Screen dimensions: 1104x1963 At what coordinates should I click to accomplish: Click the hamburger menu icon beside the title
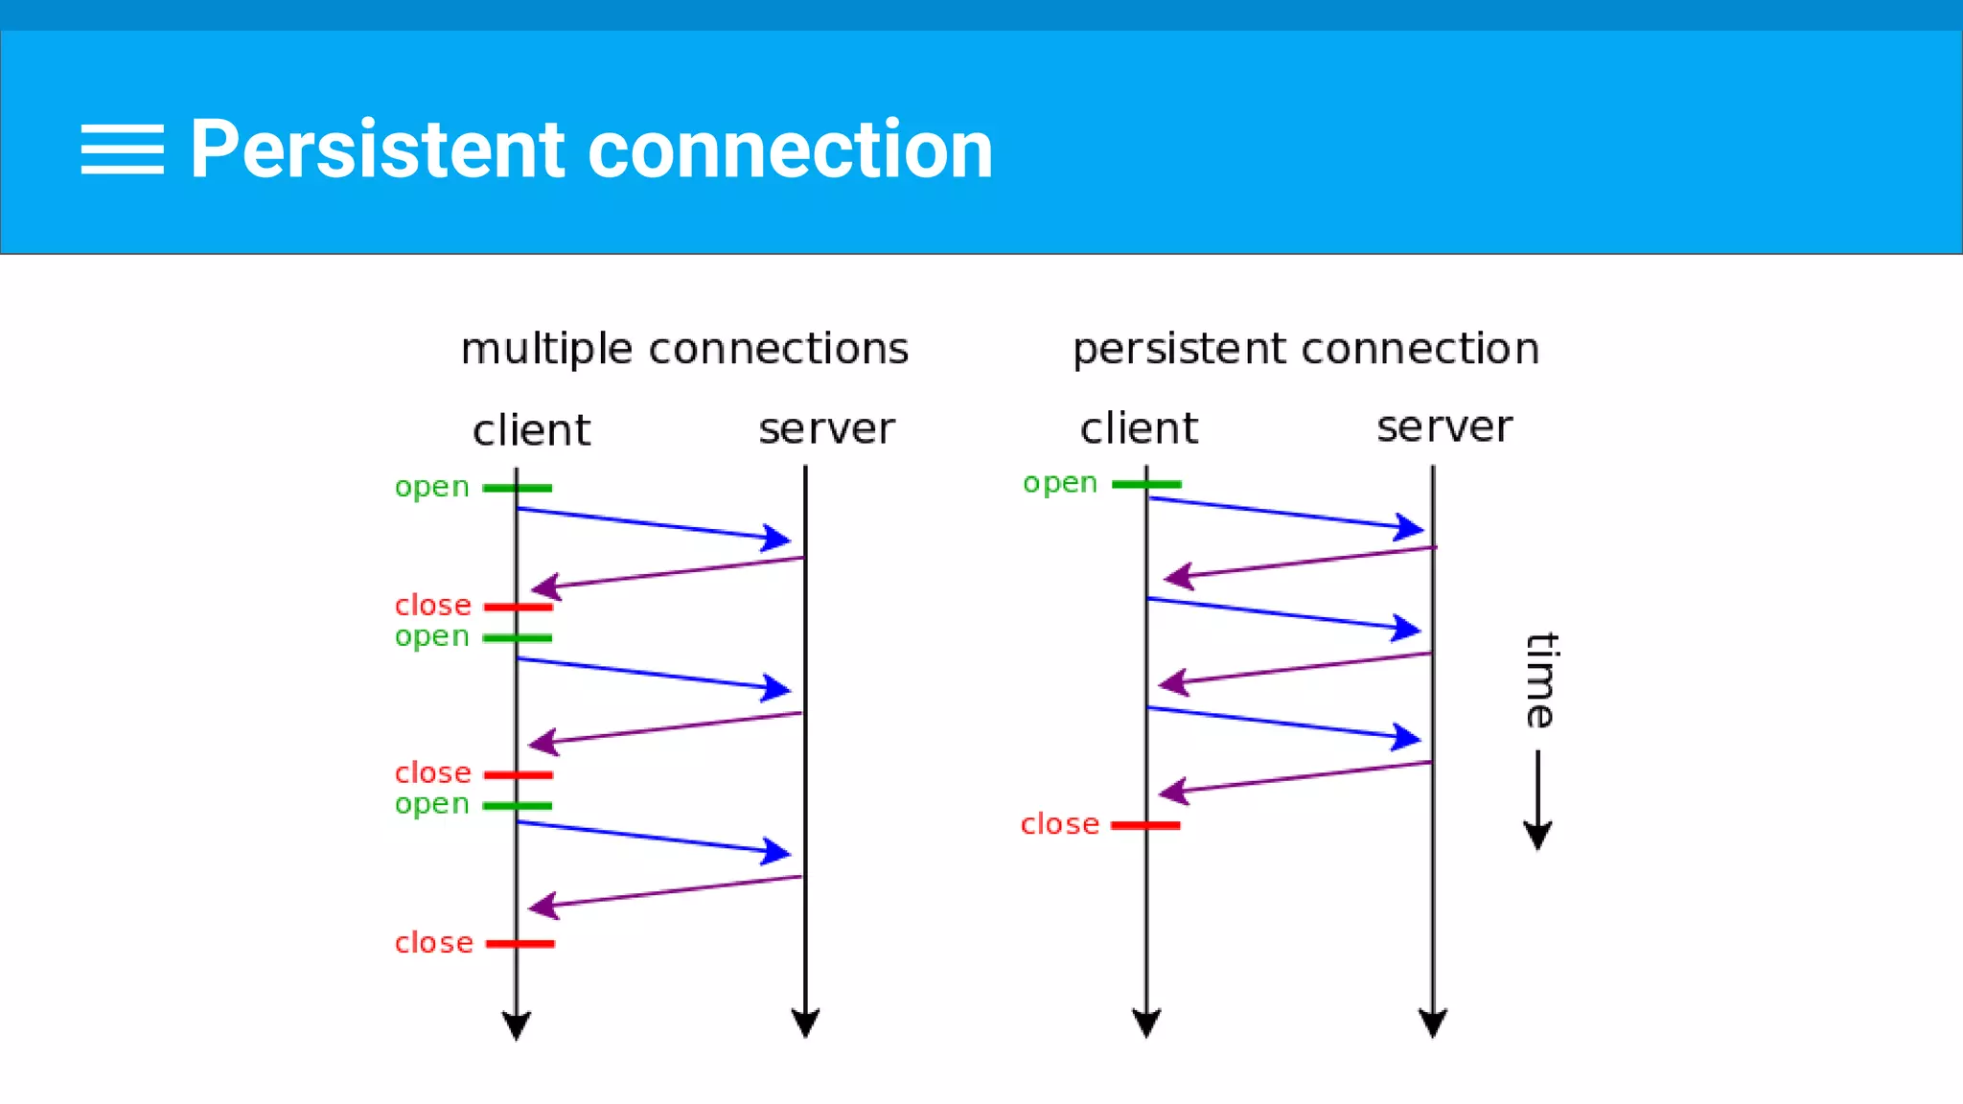point(122,149)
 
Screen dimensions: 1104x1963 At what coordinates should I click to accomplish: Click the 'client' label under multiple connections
point(531,430)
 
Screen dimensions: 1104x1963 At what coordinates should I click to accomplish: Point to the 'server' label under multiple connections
point(826,429)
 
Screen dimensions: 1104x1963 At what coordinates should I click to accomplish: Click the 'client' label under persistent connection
point(1139,428)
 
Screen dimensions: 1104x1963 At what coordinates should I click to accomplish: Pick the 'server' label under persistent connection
point(1444,427)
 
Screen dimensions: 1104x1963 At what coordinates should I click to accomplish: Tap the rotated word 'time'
point(1541,680)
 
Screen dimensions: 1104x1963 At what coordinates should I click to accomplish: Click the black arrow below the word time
point(1537,801)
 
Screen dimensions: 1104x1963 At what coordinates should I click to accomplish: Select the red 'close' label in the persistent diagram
point(1059,824)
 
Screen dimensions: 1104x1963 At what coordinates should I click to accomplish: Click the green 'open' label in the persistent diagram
point(1059,483)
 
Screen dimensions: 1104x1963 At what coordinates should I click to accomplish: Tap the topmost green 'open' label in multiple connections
point(431,487)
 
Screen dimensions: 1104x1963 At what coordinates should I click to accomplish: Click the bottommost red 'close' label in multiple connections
point(433,943)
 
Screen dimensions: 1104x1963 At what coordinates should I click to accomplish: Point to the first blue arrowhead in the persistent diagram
point(1409,527)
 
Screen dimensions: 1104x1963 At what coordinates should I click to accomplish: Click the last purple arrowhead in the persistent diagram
point(1174,792)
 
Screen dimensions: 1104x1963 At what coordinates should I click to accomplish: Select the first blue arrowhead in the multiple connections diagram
point(775,538)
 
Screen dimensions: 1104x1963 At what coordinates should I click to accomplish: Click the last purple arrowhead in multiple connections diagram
point(543,906)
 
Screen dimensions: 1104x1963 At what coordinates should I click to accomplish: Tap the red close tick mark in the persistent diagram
point(1145,825)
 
